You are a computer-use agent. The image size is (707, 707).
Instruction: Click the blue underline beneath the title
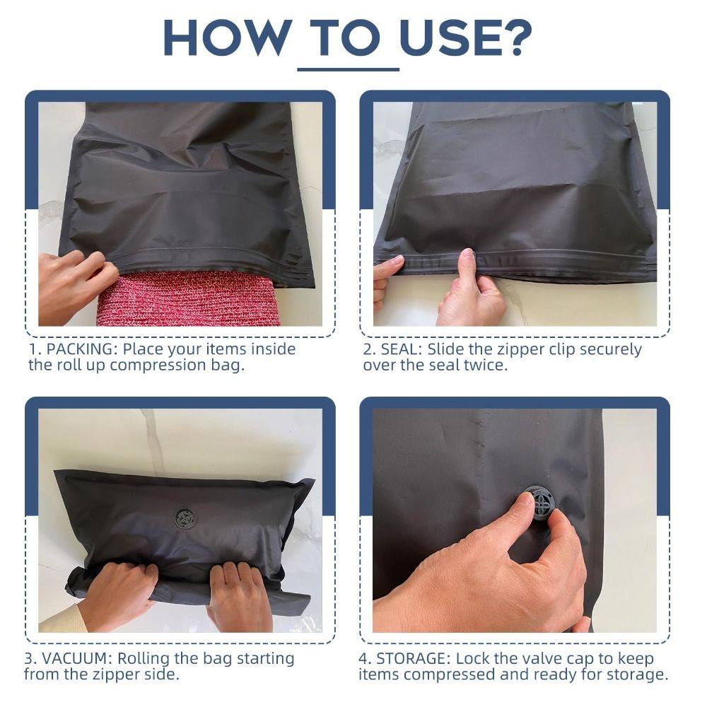(348, 69)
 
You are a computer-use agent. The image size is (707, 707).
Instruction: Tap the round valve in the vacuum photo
(185, 518)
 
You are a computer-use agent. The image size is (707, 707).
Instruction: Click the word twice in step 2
(489, 366)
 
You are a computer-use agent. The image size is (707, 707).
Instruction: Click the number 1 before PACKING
(33, 349)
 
